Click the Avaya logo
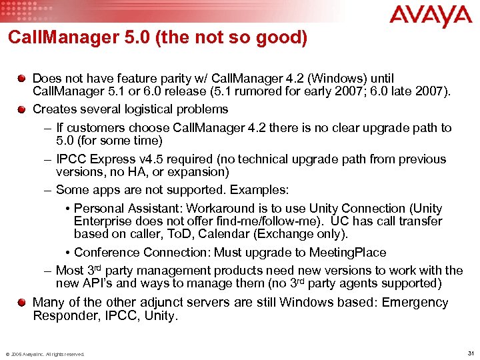coord(430,16)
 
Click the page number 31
coord(471,353)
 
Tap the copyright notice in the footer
coord(45,354)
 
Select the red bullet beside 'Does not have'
coord(23,77)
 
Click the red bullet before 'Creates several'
coord(23,109)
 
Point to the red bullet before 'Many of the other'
coord(23,302)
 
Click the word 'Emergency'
coord(415,302)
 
